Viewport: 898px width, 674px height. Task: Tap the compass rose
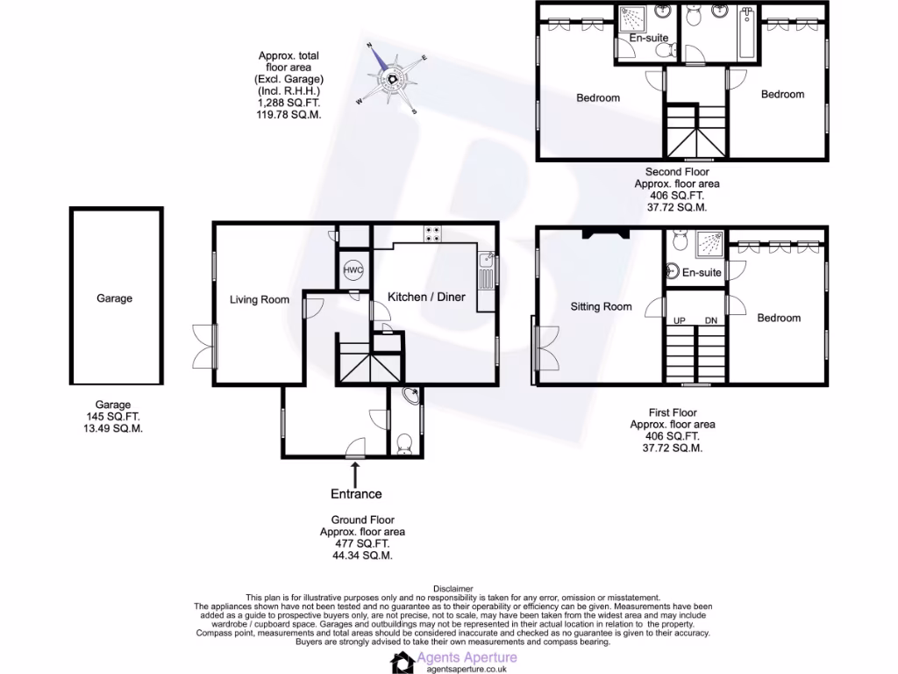pyautogui.click(x=392, y=78)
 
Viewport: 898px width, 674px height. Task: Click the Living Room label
pyautogui.click(x=260, y=300)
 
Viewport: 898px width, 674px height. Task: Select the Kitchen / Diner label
pyautogui.click(x=427, y=298)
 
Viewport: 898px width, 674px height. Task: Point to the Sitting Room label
pyautogui.click(x=601, y=307)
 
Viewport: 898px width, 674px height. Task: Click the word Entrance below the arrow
pyautogui.click(x=356, y=494)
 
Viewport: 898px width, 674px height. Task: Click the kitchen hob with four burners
pyautogui.click(x=432, y=234)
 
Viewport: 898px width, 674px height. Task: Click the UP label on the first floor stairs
pyautogui.click(x=679, y=321)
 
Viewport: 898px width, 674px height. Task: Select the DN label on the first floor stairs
pyautogui.click(x=710, y=321)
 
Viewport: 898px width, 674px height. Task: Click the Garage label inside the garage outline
pyautogui.click(x=115, y=298)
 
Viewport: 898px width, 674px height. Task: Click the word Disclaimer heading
pyautogui.click(x=453, y=589)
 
